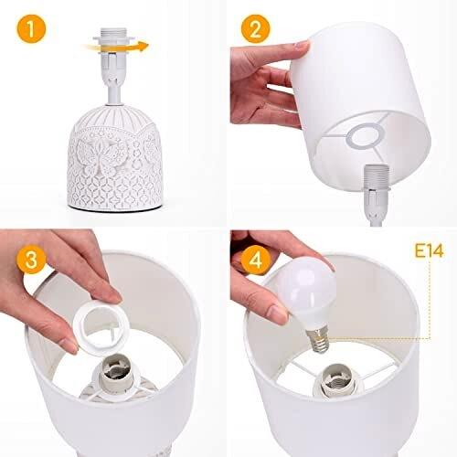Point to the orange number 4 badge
coord(258,258)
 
